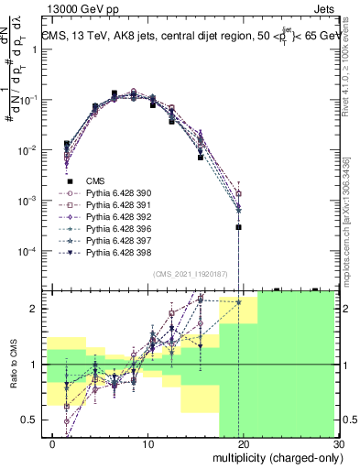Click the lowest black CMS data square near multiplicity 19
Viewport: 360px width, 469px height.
[x=238, y=227]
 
